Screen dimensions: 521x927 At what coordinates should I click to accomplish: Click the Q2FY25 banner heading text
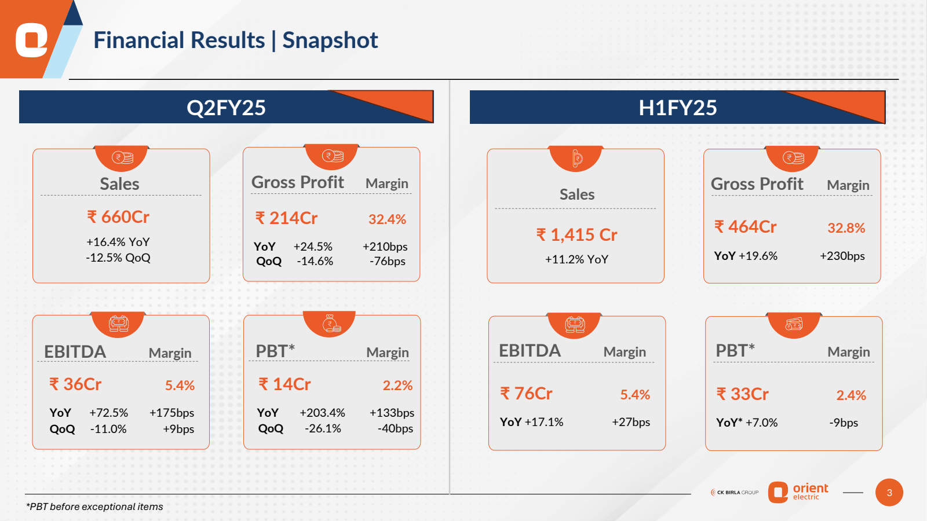pyautogui.click(x=226, y=108)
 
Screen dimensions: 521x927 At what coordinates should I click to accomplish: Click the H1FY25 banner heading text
pyautogui.click(x=677, y=108)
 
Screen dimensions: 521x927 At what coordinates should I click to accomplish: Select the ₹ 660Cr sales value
pyautogui.click(x=118, y=217)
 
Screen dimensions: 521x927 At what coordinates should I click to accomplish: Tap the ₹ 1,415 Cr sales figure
pyautogui.click(x=576, y=234)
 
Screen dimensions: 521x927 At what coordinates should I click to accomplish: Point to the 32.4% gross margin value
pyautogui.click(x=387, y=219)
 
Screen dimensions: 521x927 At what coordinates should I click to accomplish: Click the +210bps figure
pyautogui.click(x=385, y=247)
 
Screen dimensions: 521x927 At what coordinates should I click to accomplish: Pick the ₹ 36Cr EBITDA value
pyautogui.click(x=76, y=384)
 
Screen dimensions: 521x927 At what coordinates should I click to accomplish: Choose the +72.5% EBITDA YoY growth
pyautogui.click(x=109, y=413)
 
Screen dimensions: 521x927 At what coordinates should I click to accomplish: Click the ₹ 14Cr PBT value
pyautogui.click(x=284, y=384)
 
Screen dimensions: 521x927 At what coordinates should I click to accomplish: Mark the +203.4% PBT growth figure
pyautogui.click(x=322, y=413)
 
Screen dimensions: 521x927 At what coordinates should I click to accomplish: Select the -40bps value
pyautogui.click(x=395, y=428)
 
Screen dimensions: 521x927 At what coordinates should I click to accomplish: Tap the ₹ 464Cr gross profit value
pyautogui.click(x=746, y=227)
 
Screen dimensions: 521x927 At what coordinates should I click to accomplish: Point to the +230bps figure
pyautogui.click(x=842, y=256)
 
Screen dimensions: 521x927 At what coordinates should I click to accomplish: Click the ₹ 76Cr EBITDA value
pyautogui.click(x=526, y=394)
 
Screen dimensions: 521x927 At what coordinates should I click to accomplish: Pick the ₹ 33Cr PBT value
pyautogui.click(x=743, y=394)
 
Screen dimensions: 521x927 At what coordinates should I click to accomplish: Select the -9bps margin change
pyautogui.click(x=844, y=423)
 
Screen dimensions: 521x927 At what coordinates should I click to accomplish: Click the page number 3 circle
pyautogui.click(x=889, y=493)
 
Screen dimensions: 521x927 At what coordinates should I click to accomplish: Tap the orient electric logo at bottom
pyautogui.click(x=798, y=492)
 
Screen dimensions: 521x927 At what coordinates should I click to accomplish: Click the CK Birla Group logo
pyautogui.click(x=735, y=493)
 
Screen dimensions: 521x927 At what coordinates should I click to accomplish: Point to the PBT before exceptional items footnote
pyautogui.click(x=94, y=507)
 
